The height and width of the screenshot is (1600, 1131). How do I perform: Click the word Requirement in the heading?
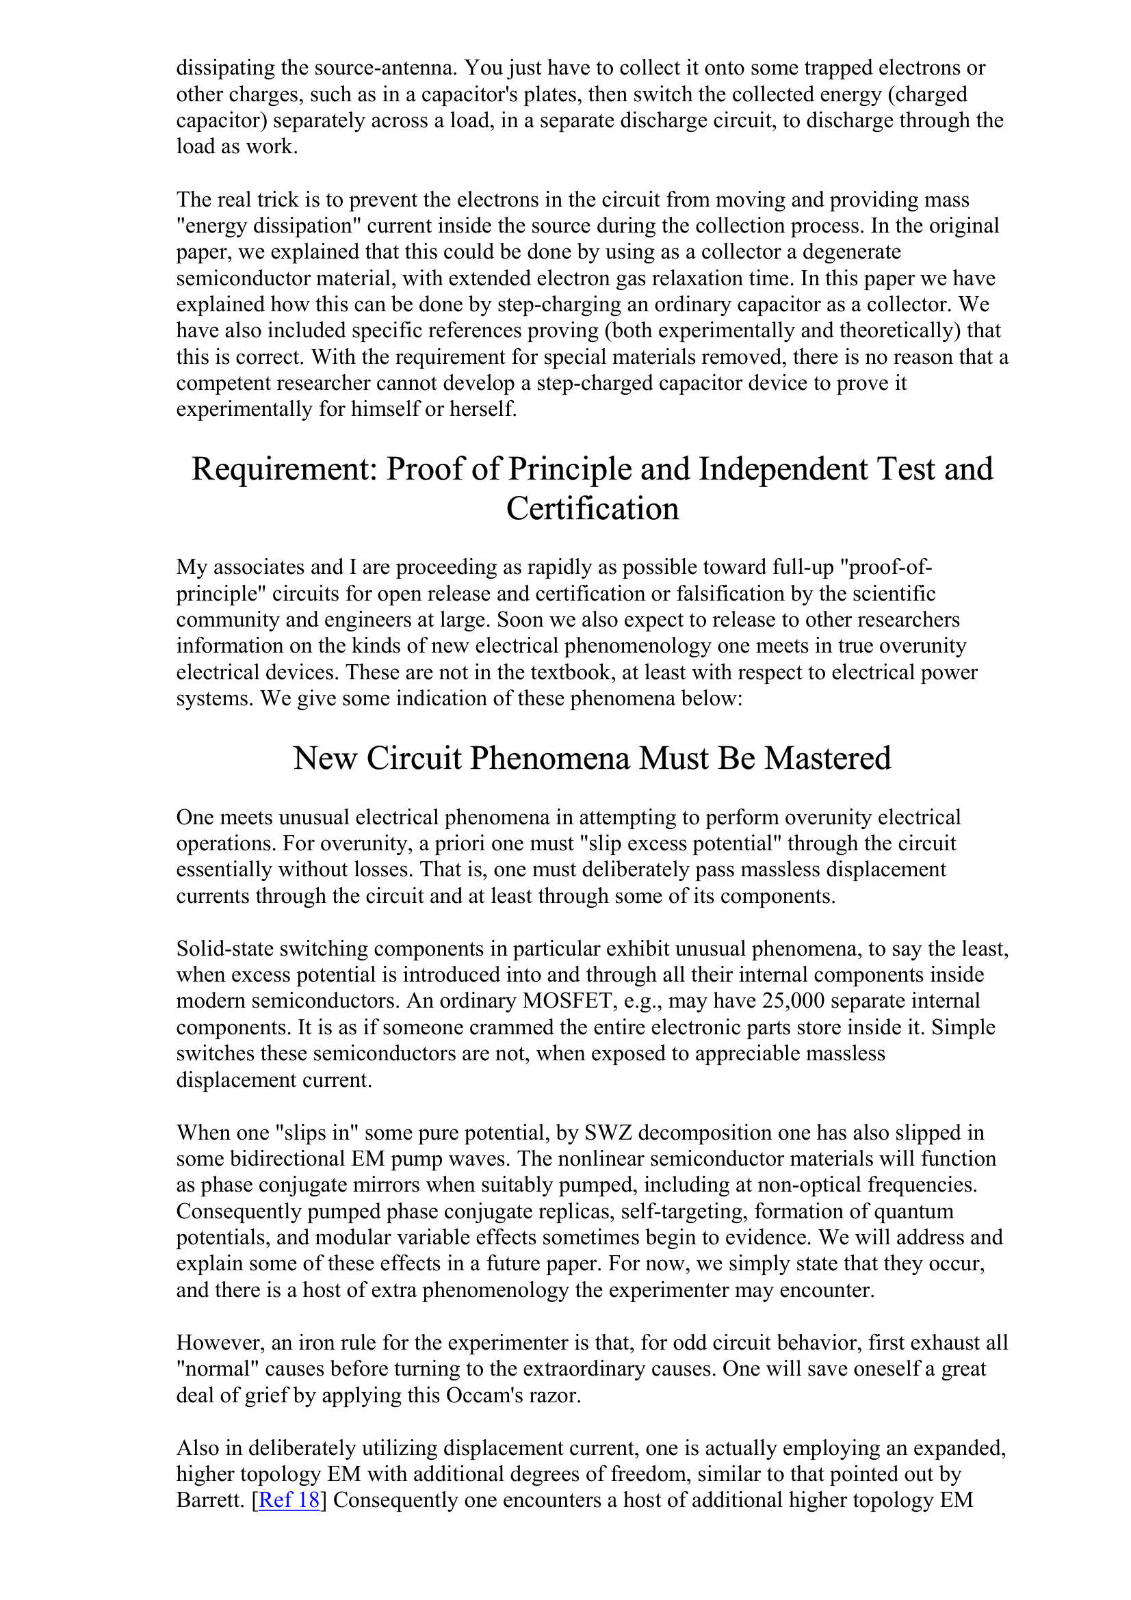[284, 469]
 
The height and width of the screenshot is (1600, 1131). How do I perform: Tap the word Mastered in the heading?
[827, 758]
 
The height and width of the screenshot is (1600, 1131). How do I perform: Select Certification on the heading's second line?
[593, 509]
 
